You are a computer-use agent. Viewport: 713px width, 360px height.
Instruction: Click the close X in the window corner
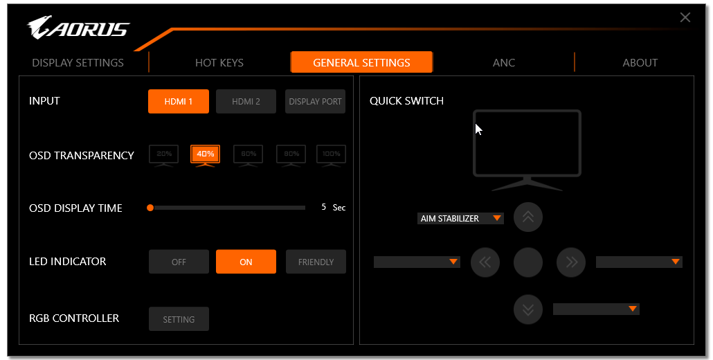(685, 18)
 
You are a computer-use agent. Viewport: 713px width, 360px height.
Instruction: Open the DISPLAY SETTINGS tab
(78, 63)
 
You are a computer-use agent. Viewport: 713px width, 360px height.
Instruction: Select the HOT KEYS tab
(219, 63)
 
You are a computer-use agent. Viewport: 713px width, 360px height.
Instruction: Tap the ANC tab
(504, 63)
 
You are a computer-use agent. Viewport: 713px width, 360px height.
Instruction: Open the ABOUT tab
(640, 63)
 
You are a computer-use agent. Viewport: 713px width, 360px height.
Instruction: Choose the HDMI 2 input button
(246, 101)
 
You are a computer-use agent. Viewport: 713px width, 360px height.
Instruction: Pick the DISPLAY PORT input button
(315, 101)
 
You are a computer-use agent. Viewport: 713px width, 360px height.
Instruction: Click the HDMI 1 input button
(179, 101)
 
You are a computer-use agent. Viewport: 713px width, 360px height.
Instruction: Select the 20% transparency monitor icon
(163, 156)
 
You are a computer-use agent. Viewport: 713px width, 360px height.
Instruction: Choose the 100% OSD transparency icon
(331, 156)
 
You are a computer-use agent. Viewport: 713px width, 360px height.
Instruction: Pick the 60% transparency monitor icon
(249, 156)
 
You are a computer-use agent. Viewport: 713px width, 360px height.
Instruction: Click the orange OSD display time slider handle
(150, 208)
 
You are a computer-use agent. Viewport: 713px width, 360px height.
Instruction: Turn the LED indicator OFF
(179, 262)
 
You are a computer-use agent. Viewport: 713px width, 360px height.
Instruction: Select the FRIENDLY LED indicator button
(316, 262)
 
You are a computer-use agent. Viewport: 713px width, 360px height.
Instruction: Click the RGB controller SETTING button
(179, 319)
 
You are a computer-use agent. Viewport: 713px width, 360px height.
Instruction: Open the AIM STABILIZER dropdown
(460, 219)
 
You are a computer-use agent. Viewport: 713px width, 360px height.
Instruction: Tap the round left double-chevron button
(485, 262)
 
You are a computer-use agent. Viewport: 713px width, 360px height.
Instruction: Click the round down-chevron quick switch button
(528, 309)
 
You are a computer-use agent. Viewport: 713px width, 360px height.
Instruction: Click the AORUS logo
(78, 28)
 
